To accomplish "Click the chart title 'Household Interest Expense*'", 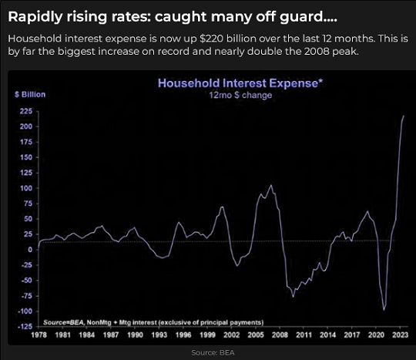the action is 240,83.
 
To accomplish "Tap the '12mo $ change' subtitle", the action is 240,95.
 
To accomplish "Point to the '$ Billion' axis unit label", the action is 30,95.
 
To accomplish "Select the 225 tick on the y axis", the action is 26,111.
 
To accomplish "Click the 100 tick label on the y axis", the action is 26,188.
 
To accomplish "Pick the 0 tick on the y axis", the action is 30,250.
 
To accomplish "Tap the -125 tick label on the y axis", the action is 25,327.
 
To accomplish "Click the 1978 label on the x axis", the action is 39,335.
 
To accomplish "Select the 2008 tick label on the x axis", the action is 280,335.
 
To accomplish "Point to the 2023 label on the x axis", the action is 401,335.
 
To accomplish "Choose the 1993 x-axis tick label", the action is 159,335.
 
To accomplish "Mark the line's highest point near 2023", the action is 404,116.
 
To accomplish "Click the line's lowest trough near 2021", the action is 384,310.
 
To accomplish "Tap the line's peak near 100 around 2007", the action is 271,185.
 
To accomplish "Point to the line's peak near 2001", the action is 222,207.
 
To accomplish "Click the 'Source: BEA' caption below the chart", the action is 213,352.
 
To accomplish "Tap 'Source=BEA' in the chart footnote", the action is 63,322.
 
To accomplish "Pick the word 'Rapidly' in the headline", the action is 35,18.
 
